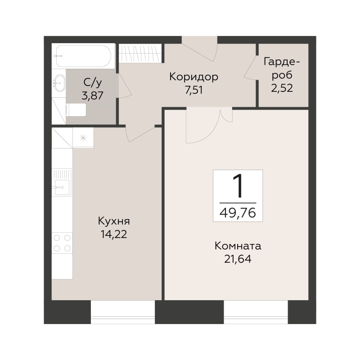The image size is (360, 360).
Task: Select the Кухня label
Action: (x=114, y=221)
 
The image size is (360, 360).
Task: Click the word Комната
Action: (x=238, y=246)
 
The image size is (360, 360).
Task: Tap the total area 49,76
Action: (x=238, y=212)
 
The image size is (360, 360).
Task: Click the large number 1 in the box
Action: (x=237, y=186)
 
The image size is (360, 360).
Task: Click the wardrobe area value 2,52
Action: (x=282, y=87)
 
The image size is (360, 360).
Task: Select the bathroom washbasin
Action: (x=59, y=82)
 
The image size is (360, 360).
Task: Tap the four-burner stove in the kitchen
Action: (x=62, y=243)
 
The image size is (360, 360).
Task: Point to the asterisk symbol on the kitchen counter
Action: (x=83, y=138)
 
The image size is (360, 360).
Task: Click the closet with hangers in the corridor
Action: (x=139, y=54)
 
